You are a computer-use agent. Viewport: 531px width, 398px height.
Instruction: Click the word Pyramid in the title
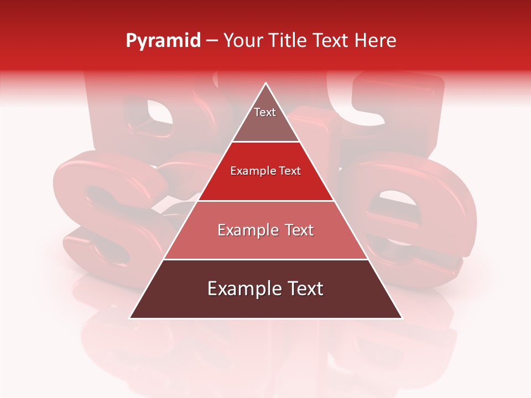coord(163,41)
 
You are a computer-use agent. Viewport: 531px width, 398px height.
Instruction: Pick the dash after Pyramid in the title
coord(212,41)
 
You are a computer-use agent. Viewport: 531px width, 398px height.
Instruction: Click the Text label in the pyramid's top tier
coord(265,112)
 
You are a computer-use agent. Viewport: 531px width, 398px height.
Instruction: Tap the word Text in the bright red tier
coord(288,171)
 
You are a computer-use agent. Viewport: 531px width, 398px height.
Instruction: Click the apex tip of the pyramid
coord(266,84)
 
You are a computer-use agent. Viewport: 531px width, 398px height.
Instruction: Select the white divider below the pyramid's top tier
coord(266,142)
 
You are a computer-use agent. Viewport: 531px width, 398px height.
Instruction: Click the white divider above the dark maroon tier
coord(266,259)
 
